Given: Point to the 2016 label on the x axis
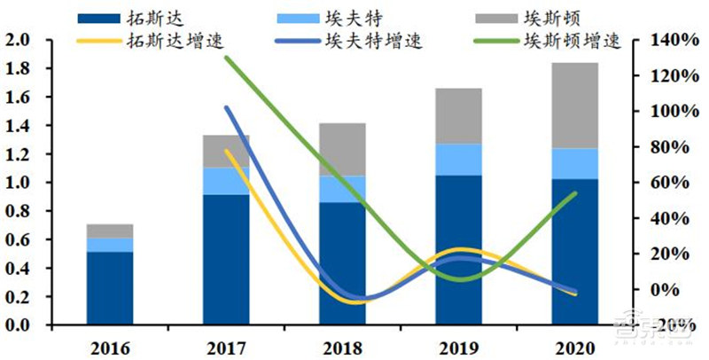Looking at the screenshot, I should pos(109,347).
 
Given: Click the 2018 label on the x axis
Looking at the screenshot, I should pos(342,347).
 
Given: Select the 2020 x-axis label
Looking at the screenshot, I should pos(574,347).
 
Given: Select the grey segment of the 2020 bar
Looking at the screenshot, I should pos(574,105).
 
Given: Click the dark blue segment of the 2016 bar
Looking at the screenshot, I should pos(109,288).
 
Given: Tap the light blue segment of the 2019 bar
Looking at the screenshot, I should pos(458,160).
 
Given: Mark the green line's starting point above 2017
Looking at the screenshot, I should pos(226,58).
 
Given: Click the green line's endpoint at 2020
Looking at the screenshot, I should pos(574,193).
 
